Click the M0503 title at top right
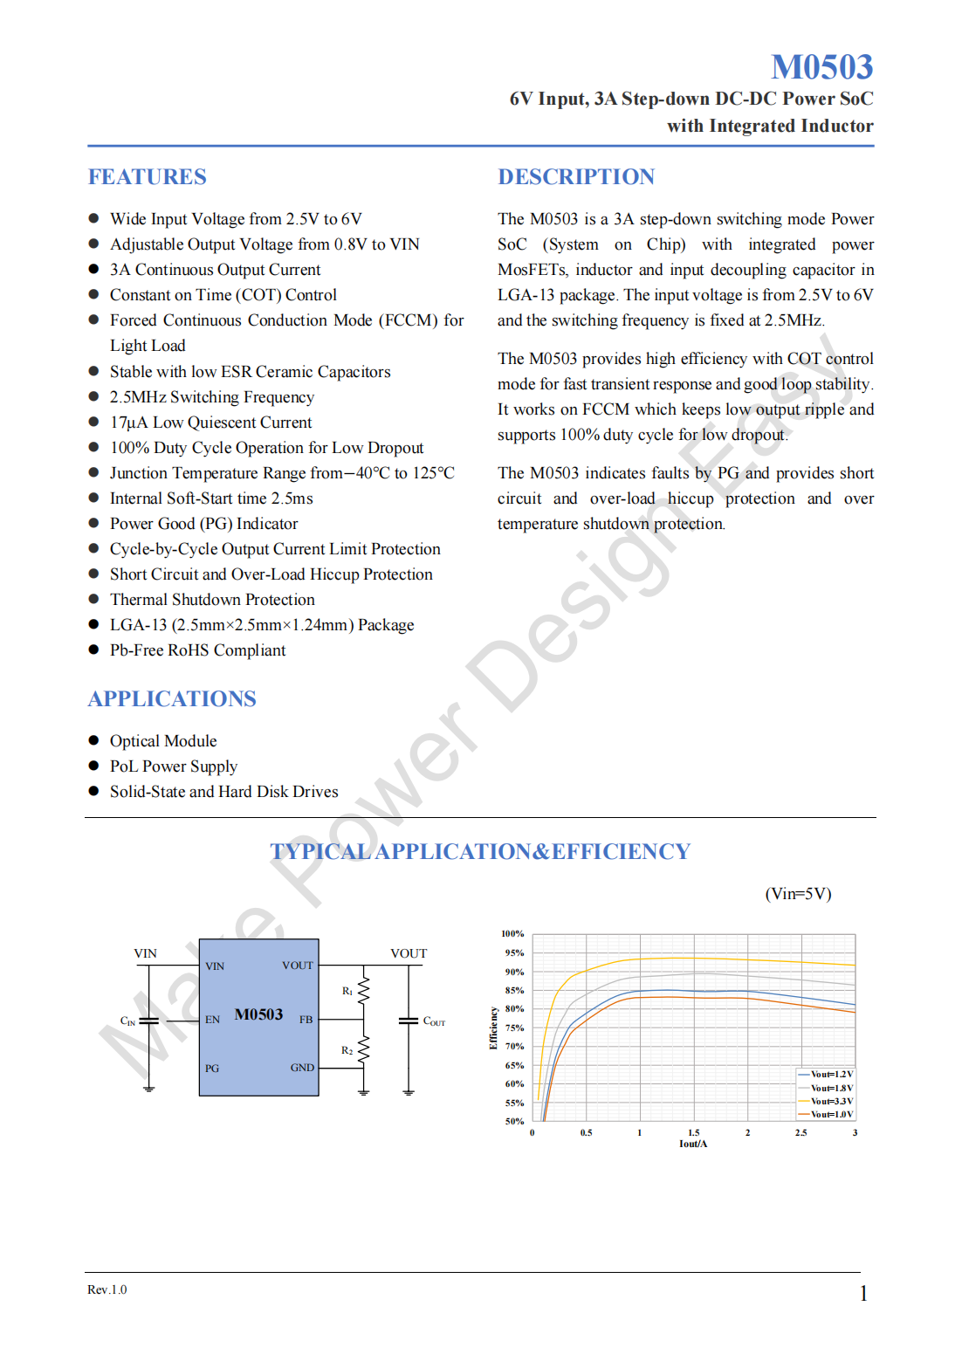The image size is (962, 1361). tap(821, 67)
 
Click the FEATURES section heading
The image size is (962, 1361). tap(147, 177)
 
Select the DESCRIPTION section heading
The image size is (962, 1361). tap(576, 177)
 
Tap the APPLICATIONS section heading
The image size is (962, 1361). tap(172, 699)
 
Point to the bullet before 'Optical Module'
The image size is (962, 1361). tap(93, 740)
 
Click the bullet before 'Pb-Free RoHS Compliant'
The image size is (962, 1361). tap(93, 650)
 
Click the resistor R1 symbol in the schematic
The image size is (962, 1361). tap(364, 990)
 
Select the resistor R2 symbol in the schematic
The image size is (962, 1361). tap(364, 1049)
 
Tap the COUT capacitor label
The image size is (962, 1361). tap(434, 1021)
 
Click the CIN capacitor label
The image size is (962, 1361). tap(127, 1021)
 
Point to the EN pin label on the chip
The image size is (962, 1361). tap(212, 1020)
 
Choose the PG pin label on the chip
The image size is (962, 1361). tap(212, 1069)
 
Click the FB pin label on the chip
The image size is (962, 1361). tap(306, 1020)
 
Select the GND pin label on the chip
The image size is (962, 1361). tap(302, 1068)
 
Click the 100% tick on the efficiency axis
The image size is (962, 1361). tap(512, 934)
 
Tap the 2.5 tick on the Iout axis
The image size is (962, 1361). tap(801, 1133)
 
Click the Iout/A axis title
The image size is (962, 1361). tap(693, 1144)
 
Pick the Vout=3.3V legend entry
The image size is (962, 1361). tap(830, 1101)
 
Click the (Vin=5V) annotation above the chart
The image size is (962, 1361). tap(798, 894)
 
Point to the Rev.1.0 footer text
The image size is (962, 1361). tap(107, 1289)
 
